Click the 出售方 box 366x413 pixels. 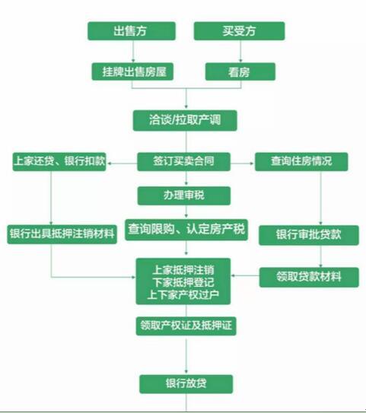pyautogui.click(x=132, y=31)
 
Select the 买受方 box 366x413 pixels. pyautogui.click(x=239, y=31)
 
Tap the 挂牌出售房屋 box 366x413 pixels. pyautogui.click(x=132, y=71)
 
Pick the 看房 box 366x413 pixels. pyautogui.click(x=240, y=71)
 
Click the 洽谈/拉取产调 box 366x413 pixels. pyautogui.click(x=185, y=120)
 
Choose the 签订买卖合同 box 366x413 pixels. pyautogui.click(x=183, y=161)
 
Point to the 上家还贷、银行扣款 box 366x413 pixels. pyautogui.click(x=59, y=161)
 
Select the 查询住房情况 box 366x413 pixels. pyautogui.click(x=301, y=161)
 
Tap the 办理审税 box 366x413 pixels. pyautogui.click(x=184, y=195)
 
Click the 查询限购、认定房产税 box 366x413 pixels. pyautogui.click(x=186, y=230)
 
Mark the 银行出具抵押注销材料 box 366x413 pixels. pyautogui.click(x=62, y=234)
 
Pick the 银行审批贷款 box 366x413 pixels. pyautogui.click(x=309, y=235)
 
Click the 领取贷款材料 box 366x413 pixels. pyautogui.click(x=309, y=277)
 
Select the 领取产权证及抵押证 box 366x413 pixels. pyautogui.click(x=186, y=326)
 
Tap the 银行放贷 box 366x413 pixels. pyautogui.click(x=186, y=384)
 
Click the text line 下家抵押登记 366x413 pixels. pyautogui.click(x=183, y=283)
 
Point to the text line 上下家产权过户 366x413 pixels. pyautogui.click(x=183, y=295)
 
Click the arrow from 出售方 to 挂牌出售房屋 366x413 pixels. pyautogui.click(x=133, y=52)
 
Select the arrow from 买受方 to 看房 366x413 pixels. pyautogui.click(x=240, y=52)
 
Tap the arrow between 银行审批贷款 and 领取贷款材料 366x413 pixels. pyautogui.click(x=320, y=256)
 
